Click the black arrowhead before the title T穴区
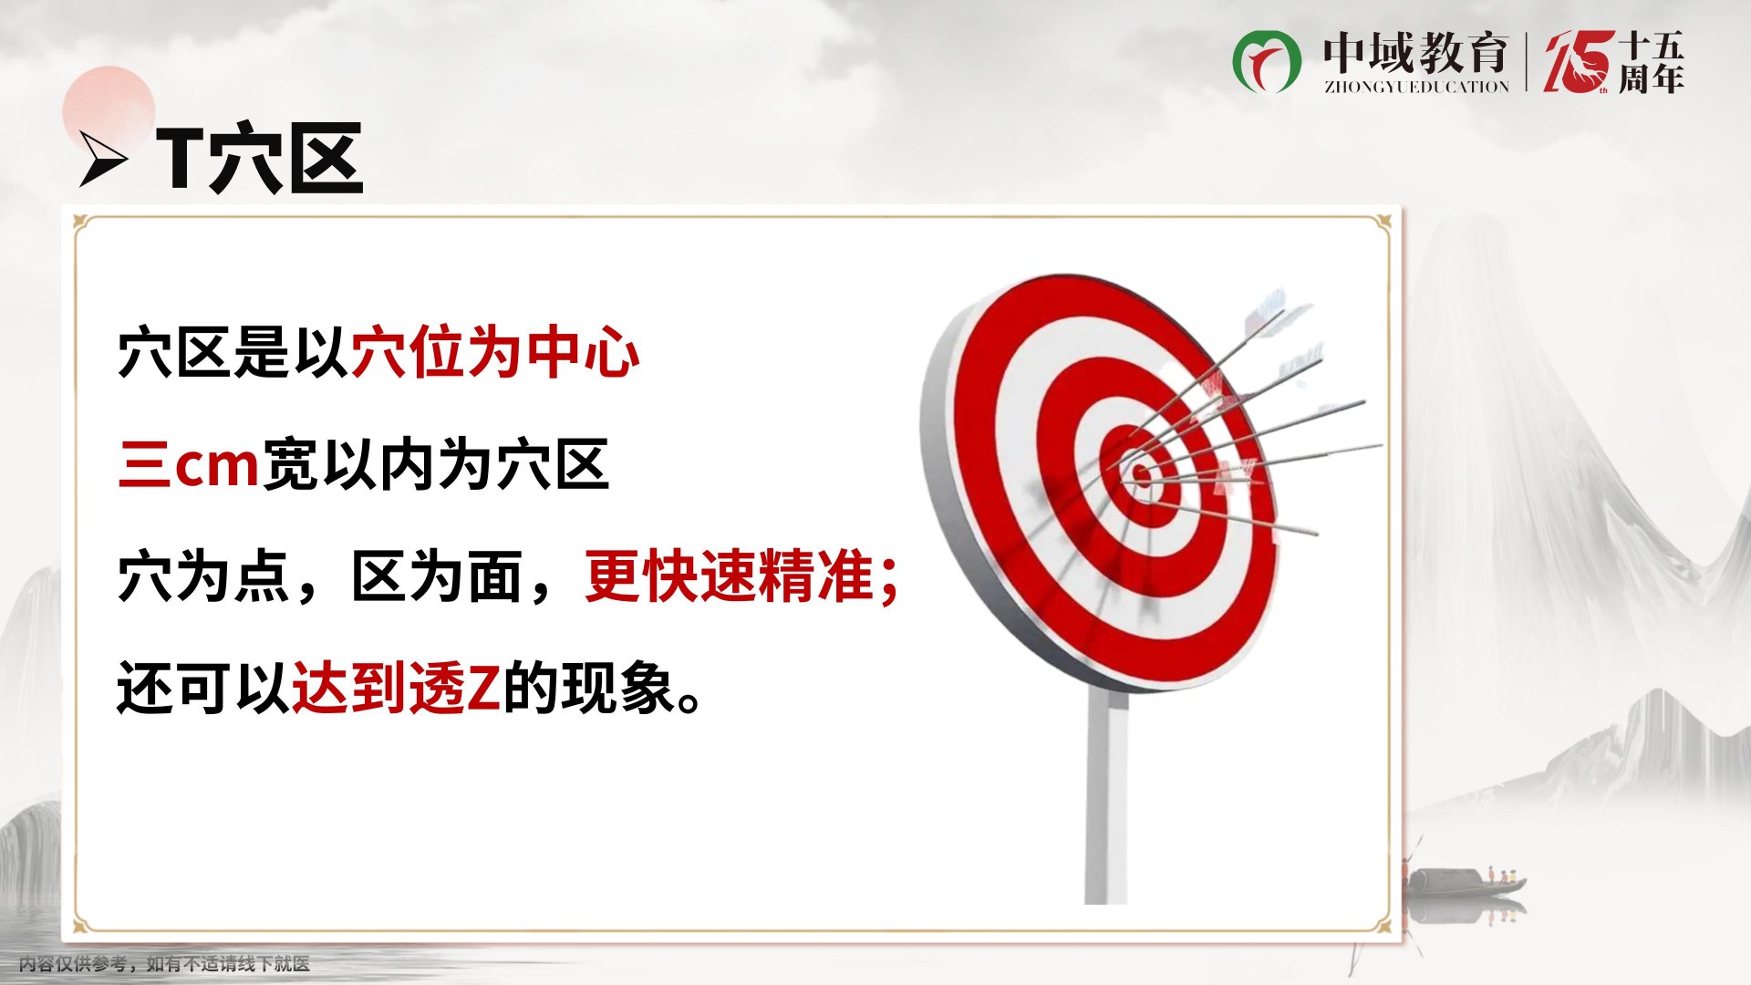103,160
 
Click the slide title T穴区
260,159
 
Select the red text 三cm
190,464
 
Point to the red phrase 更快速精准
729,576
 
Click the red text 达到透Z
396,688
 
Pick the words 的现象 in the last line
588,688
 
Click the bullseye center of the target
1140,472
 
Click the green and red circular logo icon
1267,61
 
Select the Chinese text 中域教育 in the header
1415,52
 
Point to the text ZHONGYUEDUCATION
1416,87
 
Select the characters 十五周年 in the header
1651,62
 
